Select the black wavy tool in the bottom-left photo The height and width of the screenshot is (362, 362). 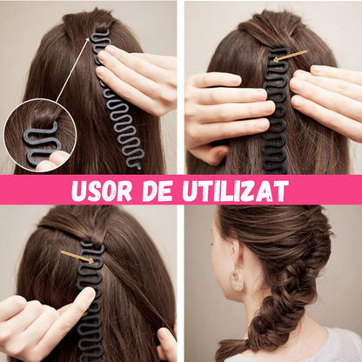[x=90, y=300]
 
